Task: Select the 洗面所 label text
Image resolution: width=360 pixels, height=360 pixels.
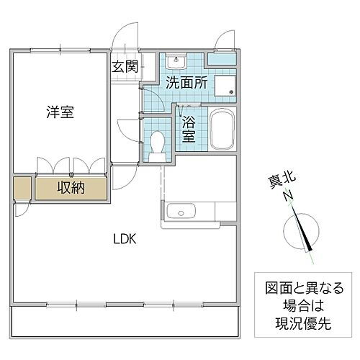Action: pyautogui.click(x=187, y=83)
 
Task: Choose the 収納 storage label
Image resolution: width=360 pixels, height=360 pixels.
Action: pyautogui.click(x=71, y=189)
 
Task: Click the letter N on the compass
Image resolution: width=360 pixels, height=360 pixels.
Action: pyautogui.click(x=287, y=196)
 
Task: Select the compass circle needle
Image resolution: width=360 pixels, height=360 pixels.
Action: pyautogui.click(x=302, y=231)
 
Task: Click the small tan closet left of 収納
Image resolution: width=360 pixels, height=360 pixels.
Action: pyautogui.click(x=22, y=189)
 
